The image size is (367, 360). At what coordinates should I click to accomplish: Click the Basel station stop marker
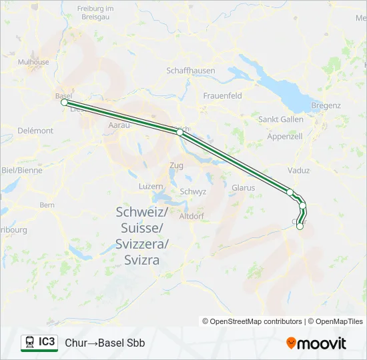pyautogui.click(x=64, y=103)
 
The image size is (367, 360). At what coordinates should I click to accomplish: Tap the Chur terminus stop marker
pyautogui.click(x=300, y=226)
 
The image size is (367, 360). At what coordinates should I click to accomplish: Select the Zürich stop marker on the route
pyautogui.click(x=179, y=133)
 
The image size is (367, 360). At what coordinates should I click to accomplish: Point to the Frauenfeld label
pyautogui.click(x=222, y=96)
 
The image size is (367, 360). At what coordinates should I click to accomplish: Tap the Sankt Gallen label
pyautogui.click(x=281, y=119)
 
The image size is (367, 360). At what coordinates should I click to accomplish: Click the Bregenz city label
pyautogui.click(x=326, y=105)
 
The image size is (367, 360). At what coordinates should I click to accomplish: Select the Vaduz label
pyautogui.click(x=299, y=171)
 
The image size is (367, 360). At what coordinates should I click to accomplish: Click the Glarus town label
pyautogui.click(x=243, y=188)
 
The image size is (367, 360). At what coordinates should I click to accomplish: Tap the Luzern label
pyautogui.click(x=151, y=186)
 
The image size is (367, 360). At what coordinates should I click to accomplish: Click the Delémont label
pyautogui.click(x=35, y=131)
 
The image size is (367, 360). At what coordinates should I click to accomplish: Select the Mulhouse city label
pyautogui.click(x=33, y=62)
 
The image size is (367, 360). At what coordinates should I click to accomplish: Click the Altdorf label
pyautogui.click(x=192, y=216)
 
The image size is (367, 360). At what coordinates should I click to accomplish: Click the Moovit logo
pyautogui.click(x=316, y=343)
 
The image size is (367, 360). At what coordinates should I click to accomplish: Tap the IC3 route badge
pyautogui.click(x=39, y=343)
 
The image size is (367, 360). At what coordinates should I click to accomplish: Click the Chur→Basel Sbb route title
pyautogui.click(x=105, y=343)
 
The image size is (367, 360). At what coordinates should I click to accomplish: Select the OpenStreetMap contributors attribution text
pyautogui.click(x=252, y=321)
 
